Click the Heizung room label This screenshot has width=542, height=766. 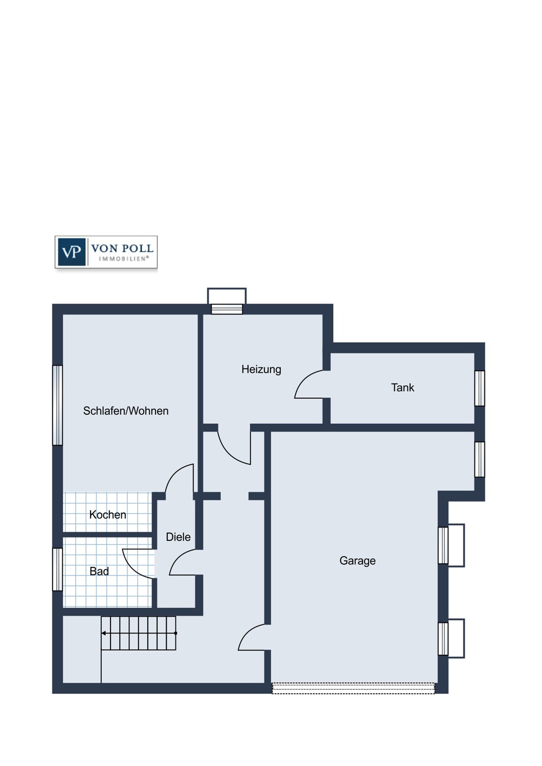coord(261,370)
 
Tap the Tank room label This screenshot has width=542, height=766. coord(402,388)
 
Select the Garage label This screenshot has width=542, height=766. coord(357,561)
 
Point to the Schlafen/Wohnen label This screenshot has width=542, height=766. coord(126,411)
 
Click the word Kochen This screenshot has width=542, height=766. coord(107,515)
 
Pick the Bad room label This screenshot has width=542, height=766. coord(99,571)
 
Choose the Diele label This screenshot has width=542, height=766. coord(178,537)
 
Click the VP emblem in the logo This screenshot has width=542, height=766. coord(72,252)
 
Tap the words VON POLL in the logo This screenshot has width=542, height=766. coord(122,248)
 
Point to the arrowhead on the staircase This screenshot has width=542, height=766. coord(103,633)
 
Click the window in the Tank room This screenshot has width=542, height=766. coord(480,388)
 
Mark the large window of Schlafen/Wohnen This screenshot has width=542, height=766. coord(57,405)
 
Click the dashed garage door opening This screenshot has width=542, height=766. coord(353,688)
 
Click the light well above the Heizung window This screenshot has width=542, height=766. coord(227,296)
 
